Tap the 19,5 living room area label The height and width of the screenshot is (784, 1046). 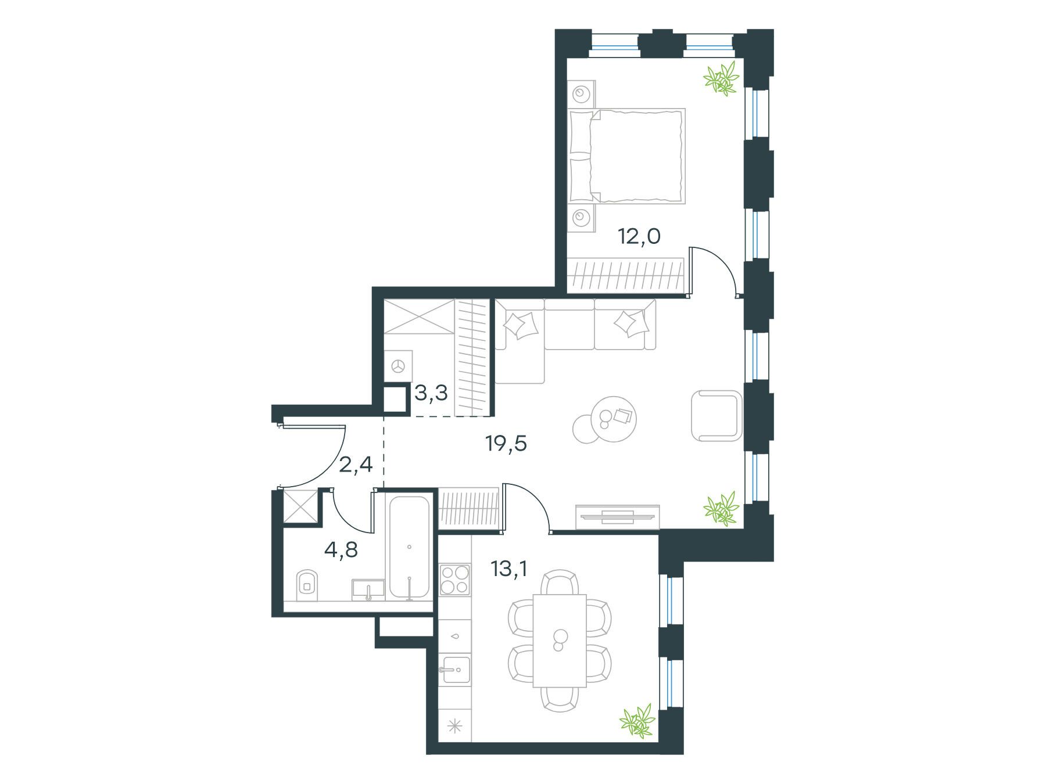click(x=506, y=444)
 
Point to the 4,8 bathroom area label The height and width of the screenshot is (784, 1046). click(x=341, y=549)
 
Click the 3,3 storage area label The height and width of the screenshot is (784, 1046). click(x=431, y=393)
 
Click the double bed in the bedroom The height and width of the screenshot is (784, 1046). click(x=626, y=156)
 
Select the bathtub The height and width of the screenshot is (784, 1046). click(x=409, y=546)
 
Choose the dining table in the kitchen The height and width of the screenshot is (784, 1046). click(x=560, y=640)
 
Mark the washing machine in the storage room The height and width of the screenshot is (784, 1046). click(x=399, y=366)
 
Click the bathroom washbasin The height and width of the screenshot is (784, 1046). click(x=368, y=588)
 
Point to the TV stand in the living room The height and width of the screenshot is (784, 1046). click(x=618, y=517)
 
